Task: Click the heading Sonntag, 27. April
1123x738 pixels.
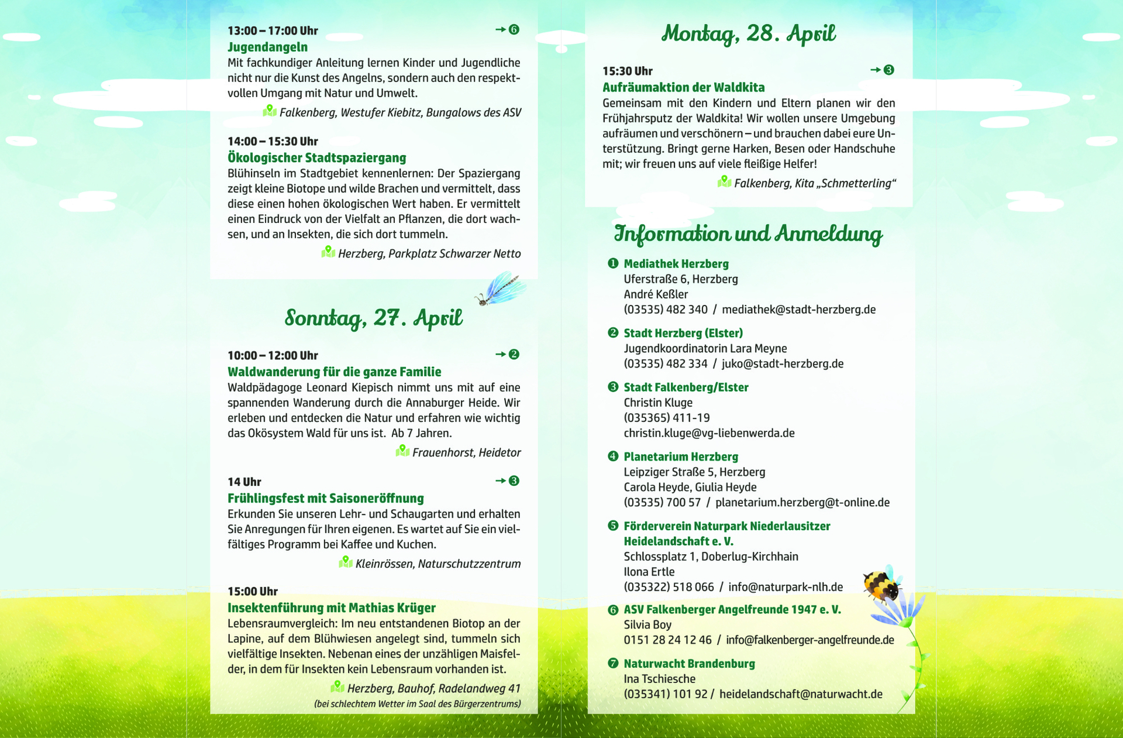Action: [x=373, y=318]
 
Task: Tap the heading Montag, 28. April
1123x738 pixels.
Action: [x=748, y=33]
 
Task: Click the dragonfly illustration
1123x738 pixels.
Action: [x=501, y=289]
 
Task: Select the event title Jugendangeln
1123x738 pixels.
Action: [x=267, y=47]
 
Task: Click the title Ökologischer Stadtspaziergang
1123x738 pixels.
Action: [x=316, y=157]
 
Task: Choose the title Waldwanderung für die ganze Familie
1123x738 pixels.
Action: [x=334, y=372]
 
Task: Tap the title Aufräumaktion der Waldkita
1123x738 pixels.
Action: [x=683, y=87]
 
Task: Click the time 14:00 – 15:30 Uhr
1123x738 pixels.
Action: [x=273, y=141]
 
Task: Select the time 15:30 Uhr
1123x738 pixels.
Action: [x=627, y=71]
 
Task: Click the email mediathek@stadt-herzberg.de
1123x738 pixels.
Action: [x=798, y=309]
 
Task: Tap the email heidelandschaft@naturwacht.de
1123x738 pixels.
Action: [x=801, y=694]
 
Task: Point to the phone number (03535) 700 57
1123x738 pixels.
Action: [x=662, y=502]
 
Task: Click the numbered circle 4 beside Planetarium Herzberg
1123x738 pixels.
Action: [x=613, y=456]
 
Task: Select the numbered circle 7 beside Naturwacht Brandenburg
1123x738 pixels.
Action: [x=613, y=663]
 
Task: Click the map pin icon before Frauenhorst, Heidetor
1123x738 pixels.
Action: [x=402, y=451]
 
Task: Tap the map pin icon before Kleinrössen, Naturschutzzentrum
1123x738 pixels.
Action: [x=346, y=562]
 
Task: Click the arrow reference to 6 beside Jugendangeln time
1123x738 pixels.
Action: [x=507, y=29]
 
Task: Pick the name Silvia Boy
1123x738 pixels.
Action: [x=647, y=624]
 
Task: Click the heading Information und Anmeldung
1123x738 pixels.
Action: [x=747, y=234]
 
